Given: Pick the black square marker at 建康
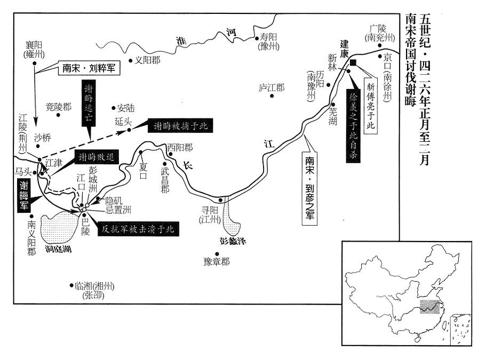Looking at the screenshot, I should [353, 63].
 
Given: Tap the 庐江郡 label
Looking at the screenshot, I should [271, 87].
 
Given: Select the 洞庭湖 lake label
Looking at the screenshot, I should [58, 249].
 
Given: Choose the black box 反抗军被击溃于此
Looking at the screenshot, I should [139, 230].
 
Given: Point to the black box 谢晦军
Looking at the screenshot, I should [24, 194].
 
